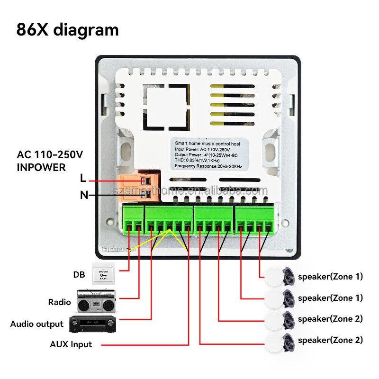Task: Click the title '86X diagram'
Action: click(x=67, y=29)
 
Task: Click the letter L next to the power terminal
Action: click(x=83, y=179)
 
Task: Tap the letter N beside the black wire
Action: click(x=84, y=195)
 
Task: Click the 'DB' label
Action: click(x=79, y=274)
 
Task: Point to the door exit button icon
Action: click(x=103, y=274)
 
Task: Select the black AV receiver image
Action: click(x=93, y=324)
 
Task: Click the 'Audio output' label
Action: click(x=36, y=324)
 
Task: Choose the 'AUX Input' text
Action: click(x=71, y=344)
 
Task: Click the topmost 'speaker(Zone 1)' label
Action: click(x=330, y=277)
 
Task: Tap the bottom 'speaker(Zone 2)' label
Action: click(x=330, y=340)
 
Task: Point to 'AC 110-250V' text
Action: click(x=50, y=155)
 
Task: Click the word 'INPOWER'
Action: click(x=41, y=167)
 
